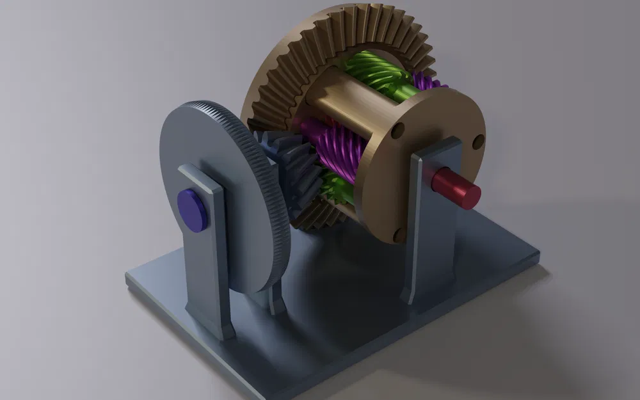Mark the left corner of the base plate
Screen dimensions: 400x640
click(131, 278)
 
